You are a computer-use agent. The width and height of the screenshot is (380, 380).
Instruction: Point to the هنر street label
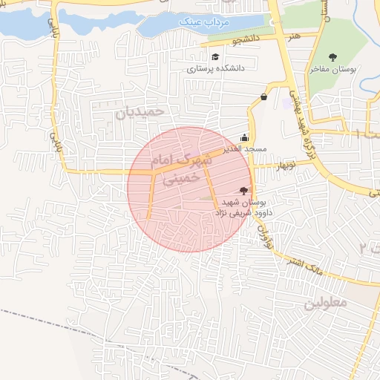(x=296, y=35)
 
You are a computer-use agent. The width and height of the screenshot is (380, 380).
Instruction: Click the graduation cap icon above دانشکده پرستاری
(x=215, y=57)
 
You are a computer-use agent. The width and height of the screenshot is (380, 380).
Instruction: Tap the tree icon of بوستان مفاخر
(x=332, y=56)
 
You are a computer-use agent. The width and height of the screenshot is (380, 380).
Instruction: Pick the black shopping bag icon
(x=264, y=97)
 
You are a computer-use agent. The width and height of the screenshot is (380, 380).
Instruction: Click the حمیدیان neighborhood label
(x=148, y=113)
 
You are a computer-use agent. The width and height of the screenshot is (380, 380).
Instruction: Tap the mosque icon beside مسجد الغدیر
(x=245, y=137)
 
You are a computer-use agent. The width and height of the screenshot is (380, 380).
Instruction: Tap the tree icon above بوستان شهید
(x=245, y=191)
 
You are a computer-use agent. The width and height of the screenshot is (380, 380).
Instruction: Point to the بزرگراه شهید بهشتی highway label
(x=296, y=111)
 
